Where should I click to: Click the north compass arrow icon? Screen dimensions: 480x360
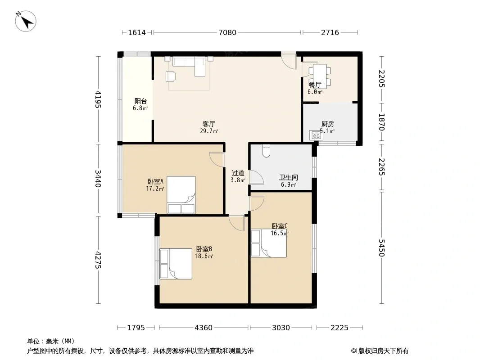click(26, 21)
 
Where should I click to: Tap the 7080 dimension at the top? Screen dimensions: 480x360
click(227, 32)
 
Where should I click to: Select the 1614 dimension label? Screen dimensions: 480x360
click(137, 32)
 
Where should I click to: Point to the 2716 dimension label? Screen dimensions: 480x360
click(330, 32)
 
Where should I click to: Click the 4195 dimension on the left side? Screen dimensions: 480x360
click(98, 99)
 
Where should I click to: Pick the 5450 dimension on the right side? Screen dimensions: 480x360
click(382, 248)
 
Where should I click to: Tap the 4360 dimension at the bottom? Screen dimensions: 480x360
click(204, 328)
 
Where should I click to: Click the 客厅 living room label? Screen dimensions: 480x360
click(209, 124)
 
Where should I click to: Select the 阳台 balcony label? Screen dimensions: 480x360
click(140, 101)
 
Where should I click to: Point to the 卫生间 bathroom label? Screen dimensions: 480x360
click(288, 177)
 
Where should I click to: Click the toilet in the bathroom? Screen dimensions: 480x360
click(266, 151)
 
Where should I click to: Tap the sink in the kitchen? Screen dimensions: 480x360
click(316, 135)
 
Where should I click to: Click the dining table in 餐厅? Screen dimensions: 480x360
click(320, 76)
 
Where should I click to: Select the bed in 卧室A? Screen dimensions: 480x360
click(181, 195)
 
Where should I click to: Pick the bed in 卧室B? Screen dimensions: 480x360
click(176, 264)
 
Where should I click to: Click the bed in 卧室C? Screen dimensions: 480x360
click(269, 243)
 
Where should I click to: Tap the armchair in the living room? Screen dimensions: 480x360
click(171, 76)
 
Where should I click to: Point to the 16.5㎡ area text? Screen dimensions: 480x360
click(280, 233)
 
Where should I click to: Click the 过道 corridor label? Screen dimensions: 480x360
click(238, 173)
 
